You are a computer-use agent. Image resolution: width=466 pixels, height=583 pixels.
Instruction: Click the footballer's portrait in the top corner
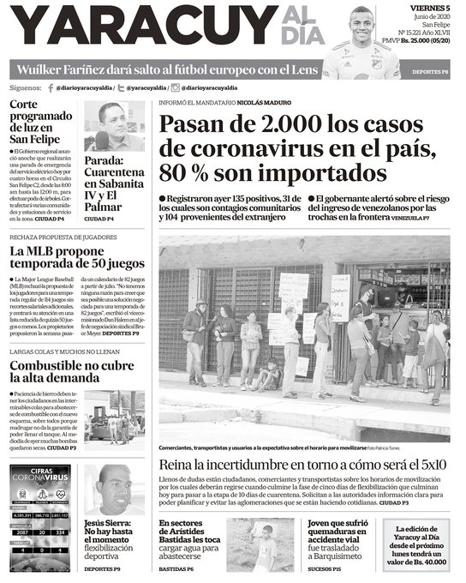tap(361, 39)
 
